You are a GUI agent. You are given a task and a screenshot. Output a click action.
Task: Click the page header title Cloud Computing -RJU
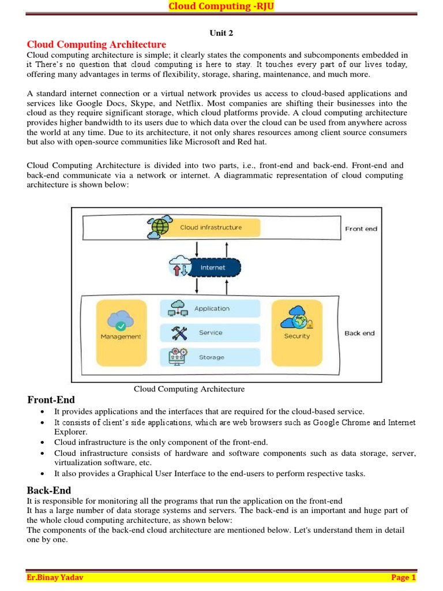point(221,6)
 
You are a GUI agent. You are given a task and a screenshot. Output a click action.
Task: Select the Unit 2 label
point(221,33)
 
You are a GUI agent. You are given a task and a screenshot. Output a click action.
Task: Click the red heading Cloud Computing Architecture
point(96,44)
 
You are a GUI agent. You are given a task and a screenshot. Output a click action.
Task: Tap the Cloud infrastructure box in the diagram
point(211,227)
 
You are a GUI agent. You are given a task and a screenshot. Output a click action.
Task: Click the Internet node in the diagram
point(212,268)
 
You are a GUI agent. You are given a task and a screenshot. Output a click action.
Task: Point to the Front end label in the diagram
point(361,229)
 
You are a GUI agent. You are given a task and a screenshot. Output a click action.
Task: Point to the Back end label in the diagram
point(359,333)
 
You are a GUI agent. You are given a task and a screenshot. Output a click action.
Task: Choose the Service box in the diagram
point(211,333)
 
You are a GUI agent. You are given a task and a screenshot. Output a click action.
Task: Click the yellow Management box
point(121,333)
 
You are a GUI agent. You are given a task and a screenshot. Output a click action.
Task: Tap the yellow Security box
point(296,333)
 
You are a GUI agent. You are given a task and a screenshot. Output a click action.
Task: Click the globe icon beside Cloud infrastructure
point(159,227)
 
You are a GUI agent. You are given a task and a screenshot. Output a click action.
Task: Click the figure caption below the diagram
point(189,389)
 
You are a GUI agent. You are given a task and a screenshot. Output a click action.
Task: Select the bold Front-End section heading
point(51,400)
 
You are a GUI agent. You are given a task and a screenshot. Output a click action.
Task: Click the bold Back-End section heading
point(49,490)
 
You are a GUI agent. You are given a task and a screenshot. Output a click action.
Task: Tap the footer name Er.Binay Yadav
point(55,578)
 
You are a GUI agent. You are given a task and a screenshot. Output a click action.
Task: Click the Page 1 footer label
point(403,578)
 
